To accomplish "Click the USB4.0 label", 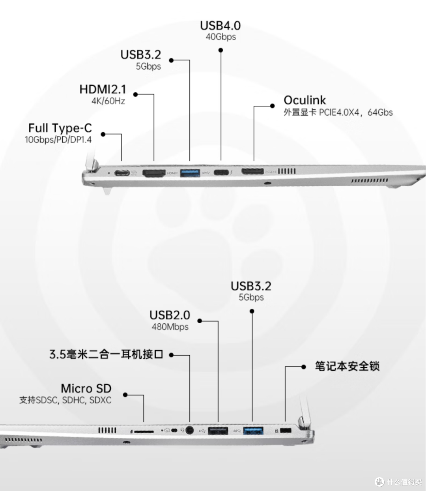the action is point(220,26).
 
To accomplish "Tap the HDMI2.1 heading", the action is point(103,90).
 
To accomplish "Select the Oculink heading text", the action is point(305,100).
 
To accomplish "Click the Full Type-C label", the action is point(60,128).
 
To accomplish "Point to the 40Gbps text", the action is point(221,37).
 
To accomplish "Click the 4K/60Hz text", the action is point(108,101).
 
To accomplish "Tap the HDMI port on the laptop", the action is point(154,173).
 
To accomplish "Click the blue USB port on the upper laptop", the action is point(190,173).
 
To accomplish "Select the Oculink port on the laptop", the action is point(252,171).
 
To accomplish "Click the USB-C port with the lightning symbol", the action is point(221,172).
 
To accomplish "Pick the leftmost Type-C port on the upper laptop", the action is point(122,173).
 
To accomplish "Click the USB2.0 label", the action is point(170,315).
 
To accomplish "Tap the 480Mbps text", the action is point(170,327).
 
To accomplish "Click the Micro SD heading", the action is point(86,388).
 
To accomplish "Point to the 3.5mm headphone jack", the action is point(190,430).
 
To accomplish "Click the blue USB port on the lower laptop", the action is point(253,431).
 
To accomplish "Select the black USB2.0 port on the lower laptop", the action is point(218,431).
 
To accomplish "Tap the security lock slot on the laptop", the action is point(286,431).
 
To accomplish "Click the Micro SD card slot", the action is point(144,432).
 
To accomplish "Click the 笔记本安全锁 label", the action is point(347,366).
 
